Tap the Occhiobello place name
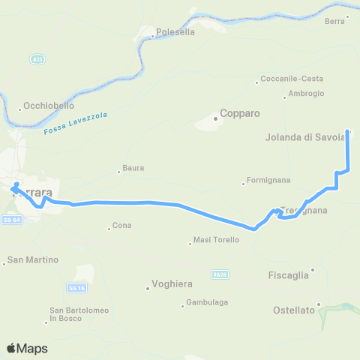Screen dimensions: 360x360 click(46, 106)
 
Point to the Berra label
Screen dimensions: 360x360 click(334, 22)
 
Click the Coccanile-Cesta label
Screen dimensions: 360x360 click(292, 79)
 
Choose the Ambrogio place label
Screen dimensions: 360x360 click(307, 94)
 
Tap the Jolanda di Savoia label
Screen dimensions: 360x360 click(304, 136)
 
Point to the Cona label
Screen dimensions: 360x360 click(121, 226)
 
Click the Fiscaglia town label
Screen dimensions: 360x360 click(288, 275)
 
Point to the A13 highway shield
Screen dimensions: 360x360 click(37, 58)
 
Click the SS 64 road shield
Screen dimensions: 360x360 click(10, 220)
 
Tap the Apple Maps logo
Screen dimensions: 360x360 click(27, 348)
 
